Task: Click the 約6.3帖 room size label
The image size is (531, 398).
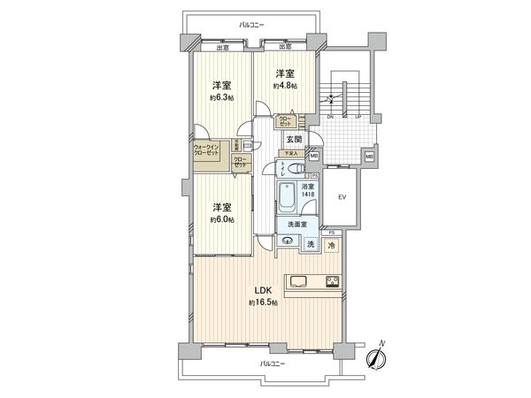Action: pos(221,97)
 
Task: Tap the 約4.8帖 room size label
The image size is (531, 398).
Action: pos(284,86)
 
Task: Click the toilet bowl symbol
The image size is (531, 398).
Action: pos(297,169)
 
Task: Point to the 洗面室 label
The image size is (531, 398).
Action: pos(296,225)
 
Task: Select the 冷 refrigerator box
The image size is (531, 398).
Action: pos(331,245)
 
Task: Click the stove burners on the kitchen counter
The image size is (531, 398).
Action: pos(332,283)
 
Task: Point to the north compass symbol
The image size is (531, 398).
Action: pos(378,358)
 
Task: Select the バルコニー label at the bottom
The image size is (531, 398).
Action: pos(273,364)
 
